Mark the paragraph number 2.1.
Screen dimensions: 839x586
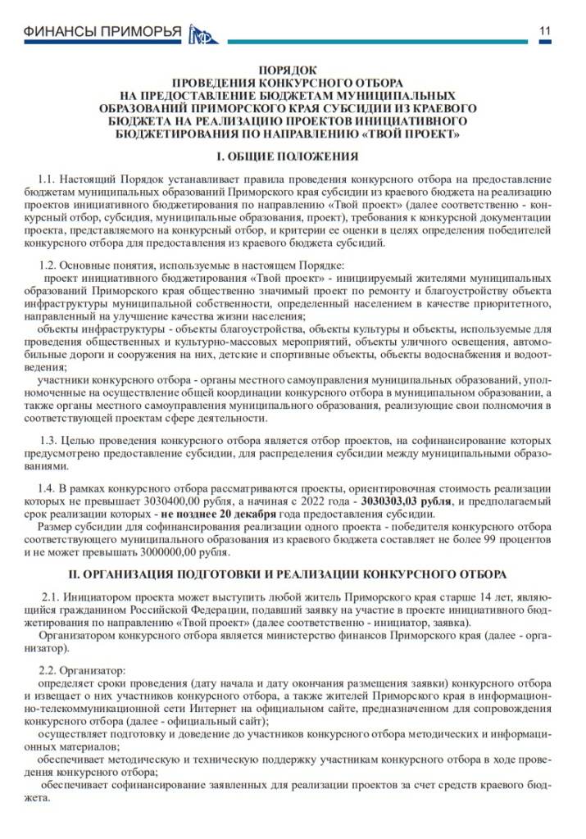click(x=52, y=596)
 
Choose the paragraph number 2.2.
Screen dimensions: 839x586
click(x=48, y=669)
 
